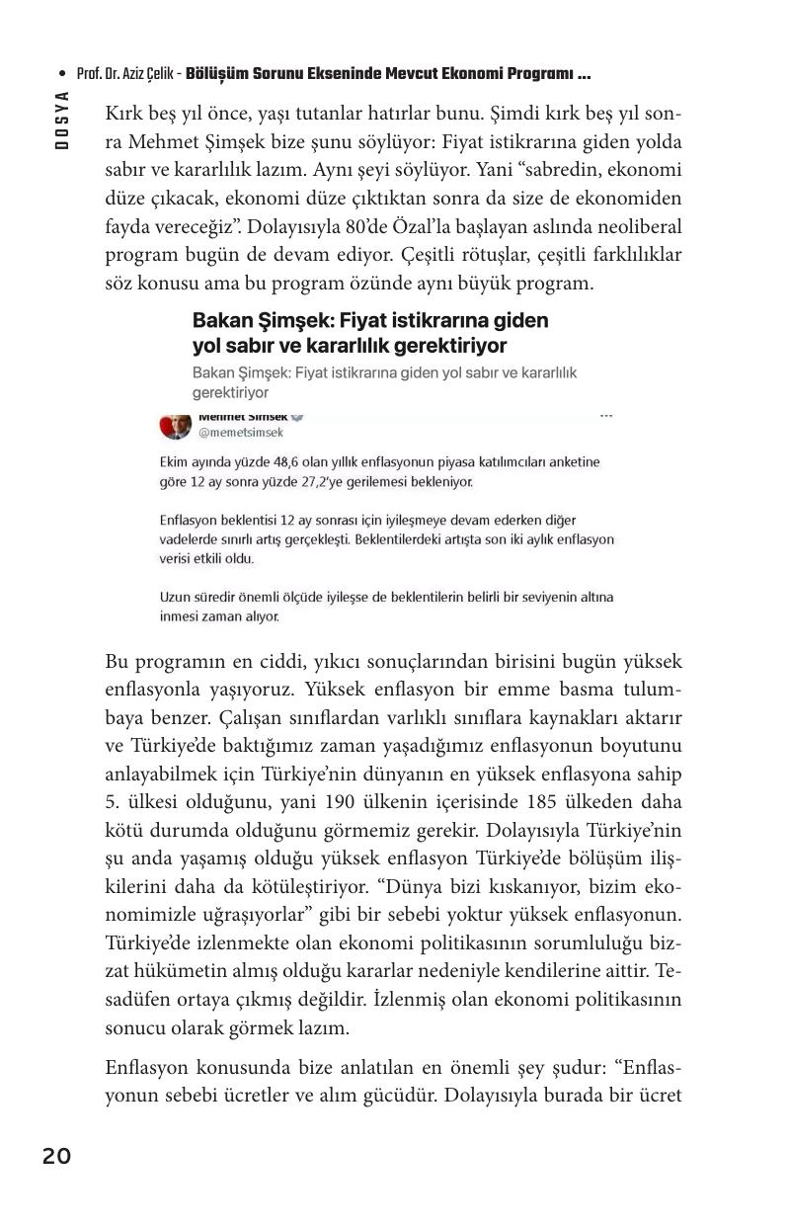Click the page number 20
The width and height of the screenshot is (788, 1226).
coord(56,1156)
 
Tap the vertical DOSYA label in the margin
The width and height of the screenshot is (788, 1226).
coord(61,120)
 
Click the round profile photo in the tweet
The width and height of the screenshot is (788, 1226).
coord(175,425)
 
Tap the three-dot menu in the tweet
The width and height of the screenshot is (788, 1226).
coord(606,416)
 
